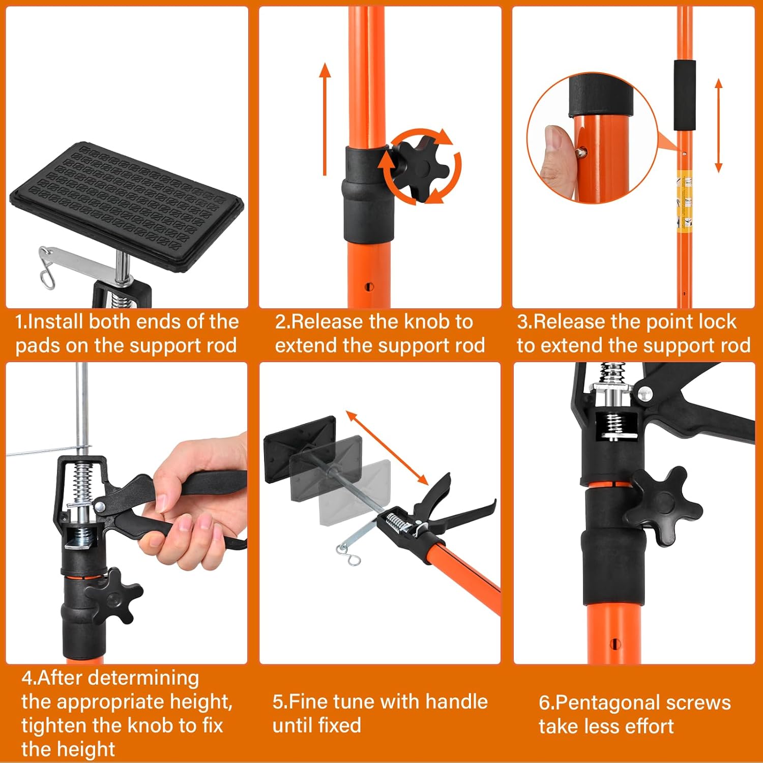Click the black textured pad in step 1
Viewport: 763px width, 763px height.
127,203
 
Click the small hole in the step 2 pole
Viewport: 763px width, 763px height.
370,287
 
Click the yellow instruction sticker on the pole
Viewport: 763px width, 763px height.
685,201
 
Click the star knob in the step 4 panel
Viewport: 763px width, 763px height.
114,595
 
